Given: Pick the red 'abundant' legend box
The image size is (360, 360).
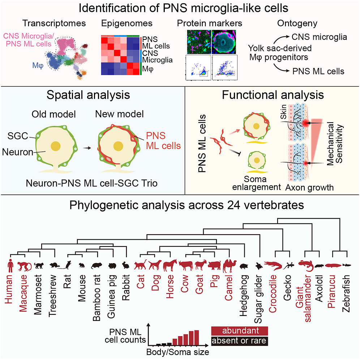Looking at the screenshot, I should pos(239,331).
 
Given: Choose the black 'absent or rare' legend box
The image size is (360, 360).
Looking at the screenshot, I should pos(239,340).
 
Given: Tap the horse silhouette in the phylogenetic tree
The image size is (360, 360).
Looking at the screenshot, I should pos(170,266).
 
